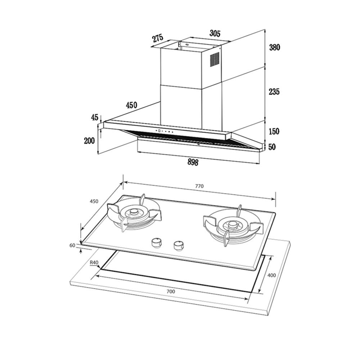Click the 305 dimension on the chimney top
[215, 33]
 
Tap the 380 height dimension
[275, 48]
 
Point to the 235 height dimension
[274, 91]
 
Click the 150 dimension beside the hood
[274, 131]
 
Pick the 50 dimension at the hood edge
[272, 147]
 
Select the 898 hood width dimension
[193, 162]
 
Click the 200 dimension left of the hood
[89, 140]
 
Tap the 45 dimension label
[95, 117]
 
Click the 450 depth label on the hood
[131, 105]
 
